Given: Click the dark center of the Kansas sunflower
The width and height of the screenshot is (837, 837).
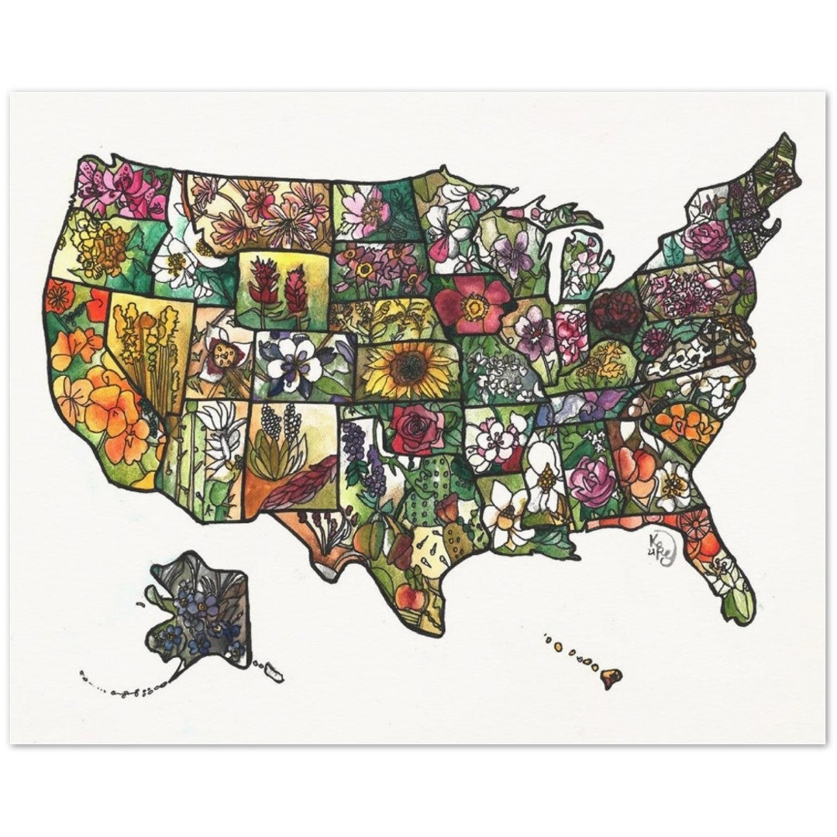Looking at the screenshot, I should click(408, 369).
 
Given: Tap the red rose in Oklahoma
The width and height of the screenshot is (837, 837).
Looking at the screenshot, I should click(417, 429).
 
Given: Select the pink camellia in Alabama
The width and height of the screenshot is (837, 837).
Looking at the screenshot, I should click(592, 480).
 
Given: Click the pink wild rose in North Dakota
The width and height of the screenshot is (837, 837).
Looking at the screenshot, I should click(365, 210).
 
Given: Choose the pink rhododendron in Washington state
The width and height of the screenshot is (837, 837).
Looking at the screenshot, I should click(124, 189).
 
